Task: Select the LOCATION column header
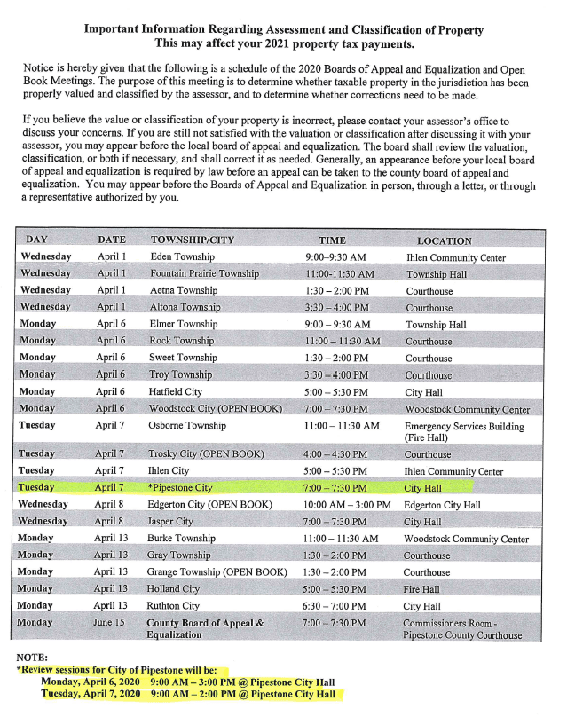point(444,240)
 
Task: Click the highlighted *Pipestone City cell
point(184,488)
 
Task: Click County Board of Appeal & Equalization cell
point(205,629)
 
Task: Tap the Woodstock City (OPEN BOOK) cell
point(216,409)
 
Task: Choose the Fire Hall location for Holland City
point(422,589)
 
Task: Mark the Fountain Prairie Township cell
point(204,274)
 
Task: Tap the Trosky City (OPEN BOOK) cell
point(207,454)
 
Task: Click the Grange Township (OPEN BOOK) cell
point(218,572)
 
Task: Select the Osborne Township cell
point(188,426)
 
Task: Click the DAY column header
point(37,240)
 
